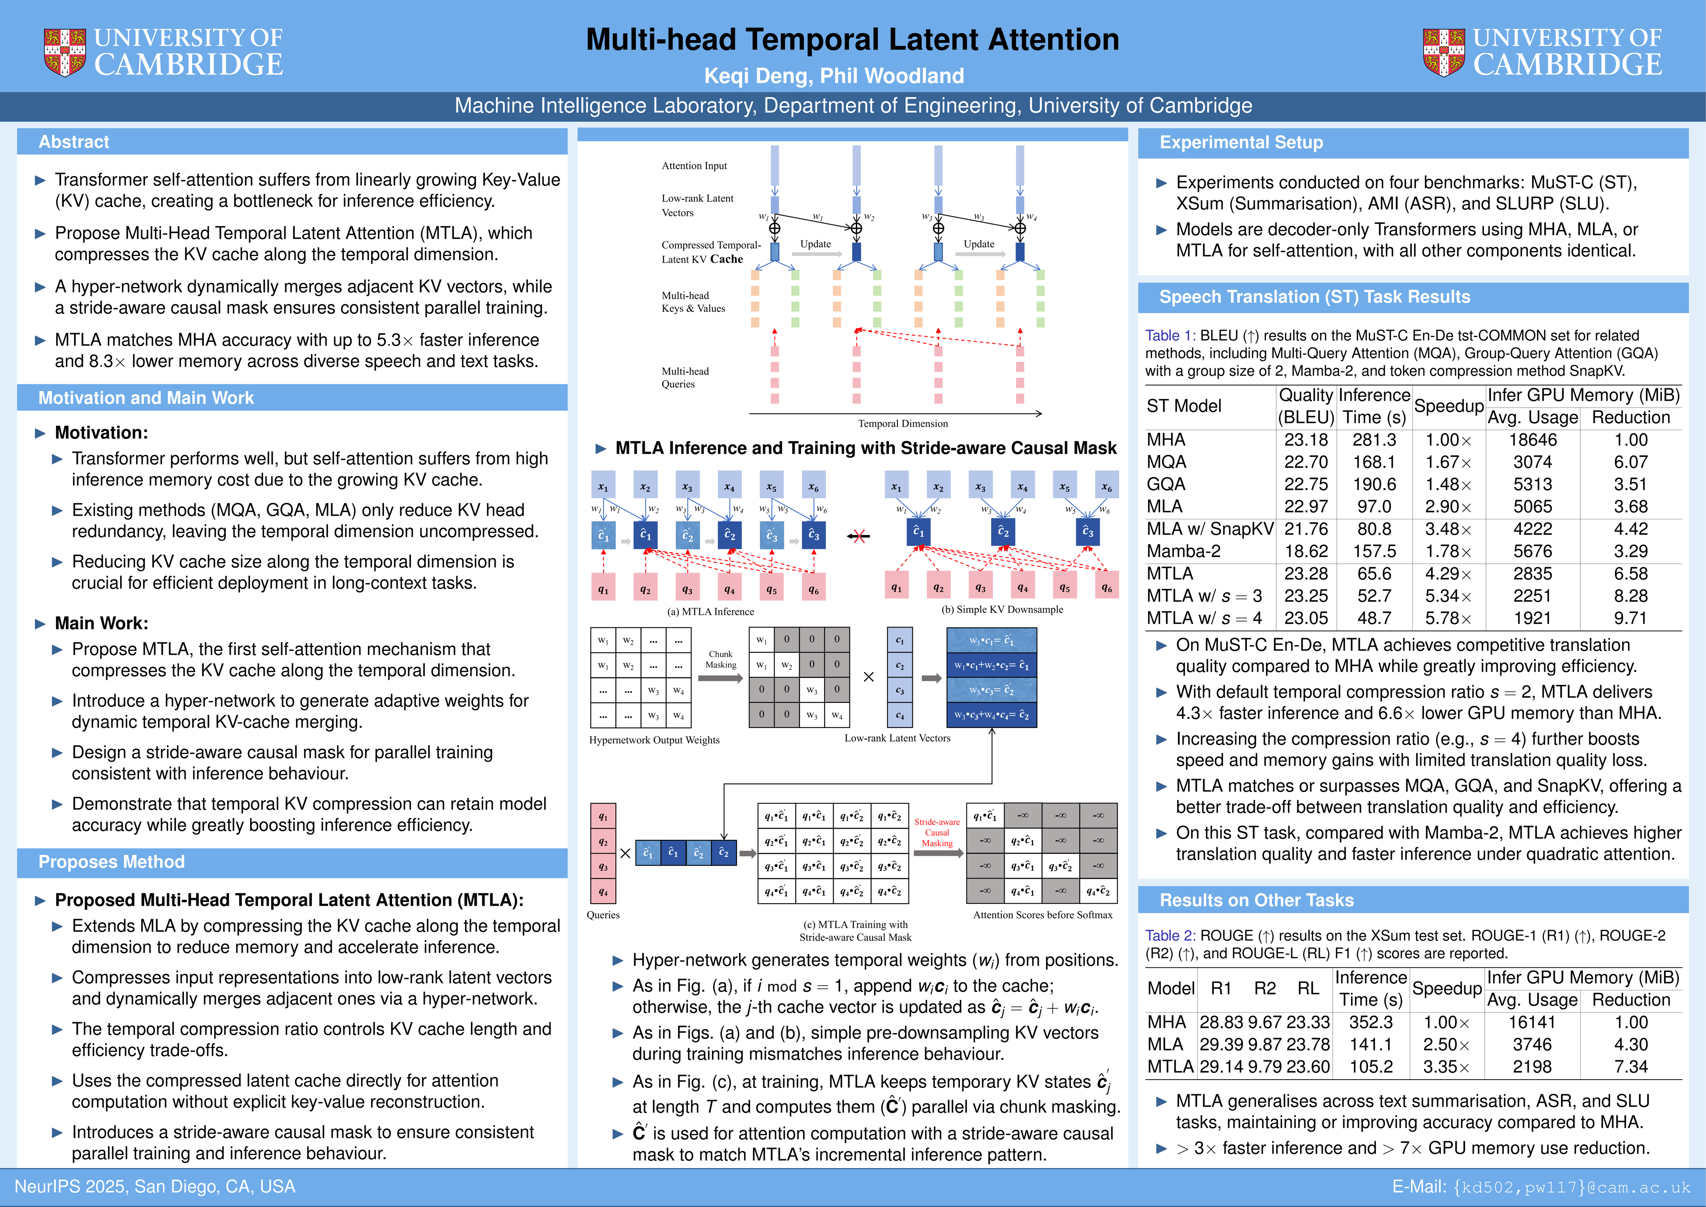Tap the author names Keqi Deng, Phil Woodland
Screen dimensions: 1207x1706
click(834, 76)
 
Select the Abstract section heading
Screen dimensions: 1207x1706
click(74, 142)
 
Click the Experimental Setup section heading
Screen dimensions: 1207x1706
click(1241, 142)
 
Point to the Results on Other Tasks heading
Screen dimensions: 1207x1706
click(1256, 900)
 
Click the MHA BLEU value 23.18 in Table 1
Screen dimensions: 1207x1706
click(1305, 440)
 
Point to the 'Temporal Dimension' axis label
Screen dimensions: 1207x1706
click(903, 424)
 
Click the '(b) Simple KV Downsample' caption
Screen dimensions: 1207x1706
click(1002, 609)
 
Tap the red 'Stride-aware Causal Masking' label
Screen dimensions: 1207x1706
click(937, 832)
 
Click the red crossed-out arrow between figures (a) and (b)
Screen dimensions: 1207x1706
click(859, 536)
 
